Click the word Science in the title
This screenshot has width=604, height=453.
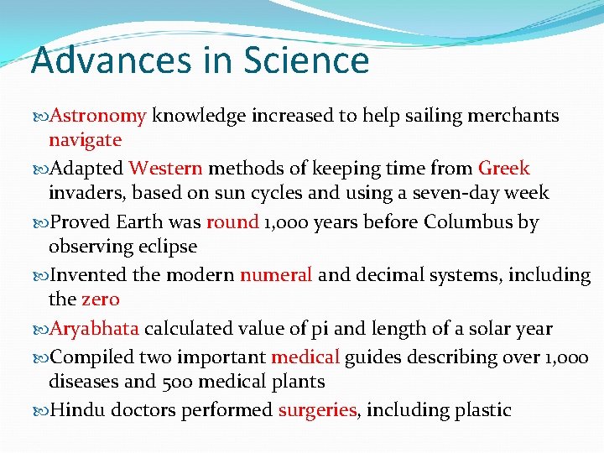(306, 60)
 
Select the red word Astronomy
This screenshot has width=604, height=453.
(99, 116)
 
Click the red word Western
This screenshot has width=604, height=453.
(165, 169)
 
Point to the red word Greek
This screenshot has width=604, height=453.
(503, 169)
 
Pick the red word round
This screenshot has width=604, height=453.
(232, 222)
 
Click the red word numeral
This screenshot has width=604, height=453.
(276, 275)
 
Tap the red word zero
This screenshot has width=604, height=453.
(101, 299)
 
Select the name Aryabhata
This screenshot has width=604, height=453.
(95, 329)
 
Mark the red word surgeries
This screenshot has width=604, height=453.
(318, 410)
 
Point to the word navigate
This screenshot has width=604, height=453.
(85, 140)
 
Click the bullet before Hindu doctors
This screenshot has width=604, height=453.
(43, 411)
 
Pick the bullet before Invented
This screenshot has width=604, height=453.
(43, 276)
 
